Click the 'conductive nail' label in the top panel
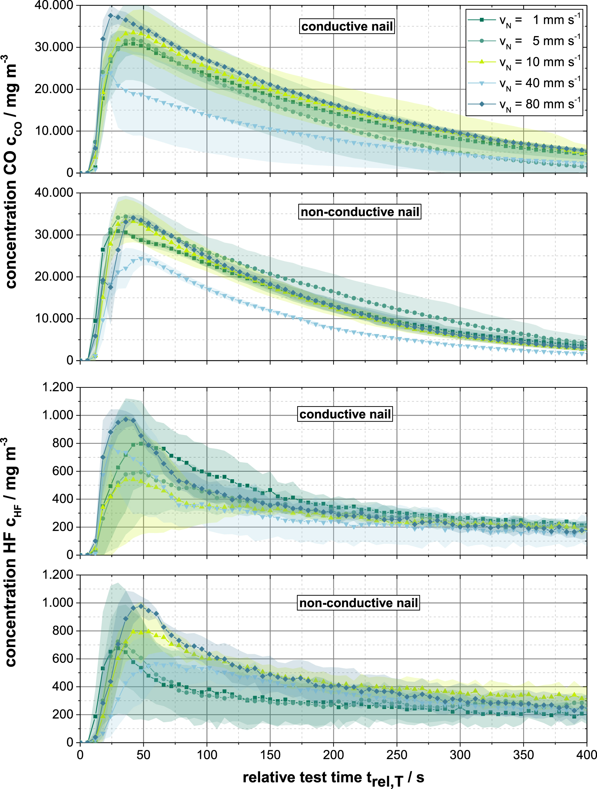coord(347,27)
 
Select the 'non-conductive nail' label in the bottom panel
coord(358,603)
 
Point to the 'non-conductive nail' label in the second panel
coord(360,212)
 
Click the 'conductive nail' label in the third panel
coord(345,414)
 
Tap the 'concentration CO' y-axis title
coord(11,171)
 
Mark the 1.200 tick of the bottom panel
coord(57,575)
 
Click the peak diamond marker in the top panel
coord(111,16)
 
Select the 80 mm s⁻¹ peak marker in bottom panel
coord(141,606)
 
